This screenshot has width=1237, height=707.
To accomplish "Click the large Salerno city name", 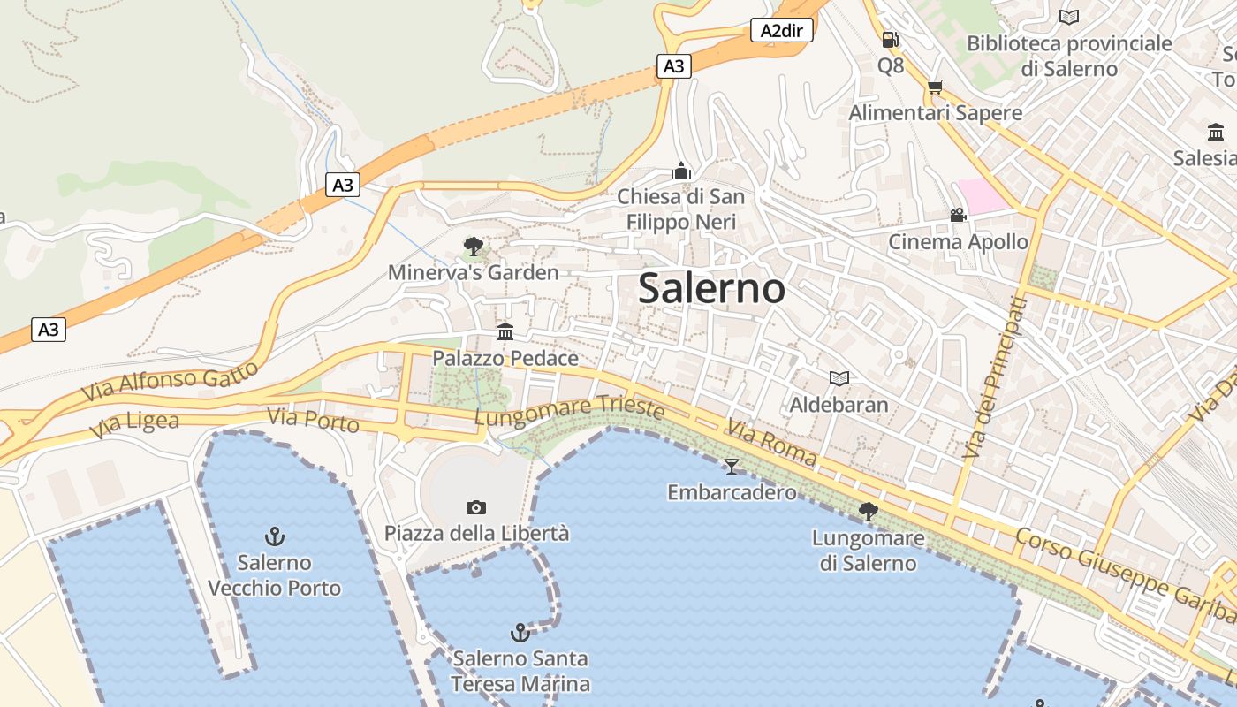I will pos(711,288).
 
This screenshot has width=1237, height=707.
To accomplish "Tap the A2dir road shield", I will pos(782,31).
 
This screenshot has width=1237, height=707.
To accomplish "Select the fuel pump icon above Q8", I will pos(890,40).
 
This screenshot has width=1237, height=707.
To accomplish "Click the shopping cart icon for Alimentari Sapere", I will pos(935,87).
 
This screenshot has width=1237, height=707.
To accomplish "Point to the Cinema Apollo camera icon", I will pos(958,215).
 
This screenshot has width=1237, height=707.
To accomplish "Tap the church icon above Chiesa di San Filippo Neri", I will pos(681,170).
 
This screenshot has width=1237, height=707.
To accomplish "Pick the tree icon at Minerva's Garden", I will pos(474,246).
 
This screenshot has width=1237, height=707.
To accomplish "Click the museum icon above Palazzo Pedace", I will pos(505,331).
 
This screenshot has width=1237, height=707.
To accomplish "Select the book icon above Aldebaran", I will pos(839,378).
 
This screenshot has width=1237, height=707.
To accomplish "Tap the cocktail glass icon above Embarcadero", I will pos(731,466).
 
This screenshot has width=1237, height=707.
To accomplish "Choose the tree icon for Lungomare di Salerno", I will pos(868,511).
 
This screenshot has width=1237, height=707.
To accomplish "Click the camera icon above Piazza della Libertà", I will pos(476,507).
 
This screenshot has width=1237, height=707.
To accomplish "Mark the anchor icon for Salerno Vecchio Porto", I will pos(275,536).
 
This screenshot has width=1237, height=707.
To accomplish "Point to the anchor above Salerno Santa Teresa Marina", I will pos(520,632).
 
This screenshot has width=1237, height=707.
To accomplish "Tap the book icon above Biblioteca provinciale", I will pos(1069,17).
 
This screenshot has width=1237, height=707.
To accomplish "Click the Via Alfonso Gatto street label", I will pos(170,381).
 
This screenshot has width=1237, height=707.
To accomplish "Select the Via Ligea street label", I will pos(134,425).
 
